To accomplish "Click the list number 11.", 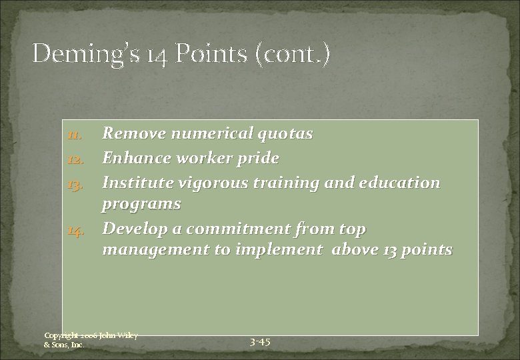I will coord(74,135).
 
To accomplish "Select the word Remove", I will coord(132,134).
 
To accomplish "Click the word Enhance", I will coord(135,158).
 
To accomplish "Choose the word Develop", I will coord(133,229).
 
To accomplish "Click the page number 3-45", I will coord(260,342).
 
